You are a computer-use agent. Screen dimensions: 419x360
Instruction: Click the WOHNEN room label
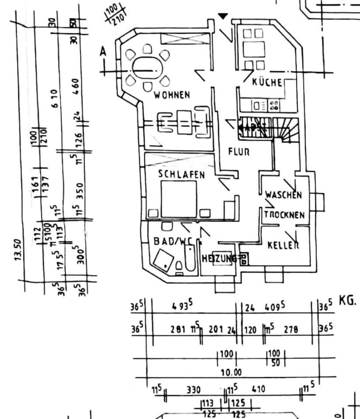tap(171, 95)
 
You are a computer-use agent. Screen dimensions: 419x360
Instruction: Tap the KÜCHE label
tap(267, 82)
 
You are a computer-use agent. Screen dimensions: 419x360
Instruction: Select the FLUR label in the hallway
tap(239, 152)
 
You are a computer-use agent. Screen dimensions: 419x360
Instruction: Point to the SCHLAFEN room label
tap(181, 175)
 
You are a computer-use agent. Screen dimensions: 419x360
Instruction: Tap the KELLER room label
tap(283, 245)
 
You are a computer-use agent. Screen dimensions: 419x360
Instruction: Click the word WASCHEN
tap(284, 195)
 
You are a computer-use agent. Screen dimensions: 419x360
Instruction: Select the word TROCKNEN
tap(284, 215)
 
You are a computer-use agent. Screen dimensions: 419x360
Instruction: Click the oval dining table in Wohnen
tap(148, 69)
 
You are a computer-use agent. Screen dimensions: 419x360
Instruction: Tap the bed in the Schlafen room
tap(179, 199)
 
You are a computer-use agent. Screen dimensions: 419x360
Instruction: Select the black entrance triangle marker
tap(223, 17)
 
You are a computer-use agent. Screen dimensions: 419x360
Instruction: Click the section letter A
tap(103, 52)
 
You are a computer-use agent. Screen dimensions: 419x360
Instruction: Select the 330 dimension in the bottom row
tap(194, 389)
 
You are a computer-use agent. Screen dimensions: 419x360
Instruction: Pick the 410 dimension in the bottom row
tap(258, 388)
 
